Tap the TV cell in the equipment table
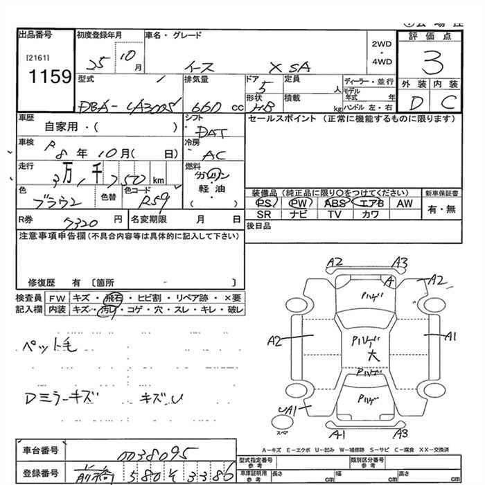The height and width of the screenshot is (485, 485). pyautogui.click(x=335, y=215)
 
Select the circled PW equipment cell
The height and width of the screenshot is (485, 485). pyautogui.click(x=299, y=203)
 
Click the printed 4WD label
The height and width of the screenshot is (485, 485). pyautogui.click(x=382, y=62)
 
